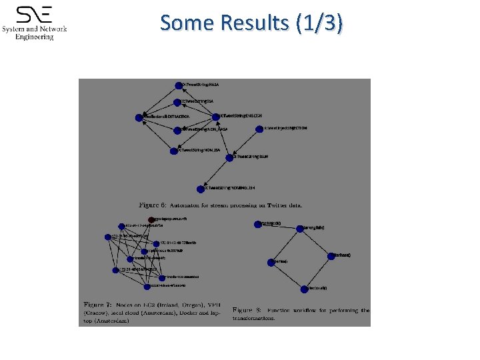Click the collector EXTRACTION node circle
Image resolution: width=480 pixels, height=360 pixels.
(x=139, y=117)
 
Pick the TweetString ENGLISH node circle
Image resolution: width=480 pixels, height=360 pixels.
(x=215, y=116)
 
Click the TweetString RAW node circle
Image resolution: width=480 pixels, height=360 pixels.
(x=229, y=157)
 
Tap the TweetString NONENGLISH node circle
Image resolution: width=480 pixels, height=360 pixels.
(x=199, y=189)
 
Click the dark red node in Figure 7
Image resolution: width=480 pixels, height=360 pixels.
(x=151, y=219)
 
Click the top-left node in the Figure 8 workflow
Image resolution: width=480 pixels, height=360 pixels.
(x=258, y=223)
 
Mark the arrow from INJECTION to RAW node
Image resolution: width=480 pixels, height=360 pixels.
(x=244, y=143)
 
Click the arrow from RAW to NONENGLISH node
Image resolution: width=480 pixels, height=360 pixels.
(x=214, y=173)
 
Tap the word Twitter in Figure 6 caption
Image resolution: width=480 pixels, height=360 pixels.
(x=272, y=205)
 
